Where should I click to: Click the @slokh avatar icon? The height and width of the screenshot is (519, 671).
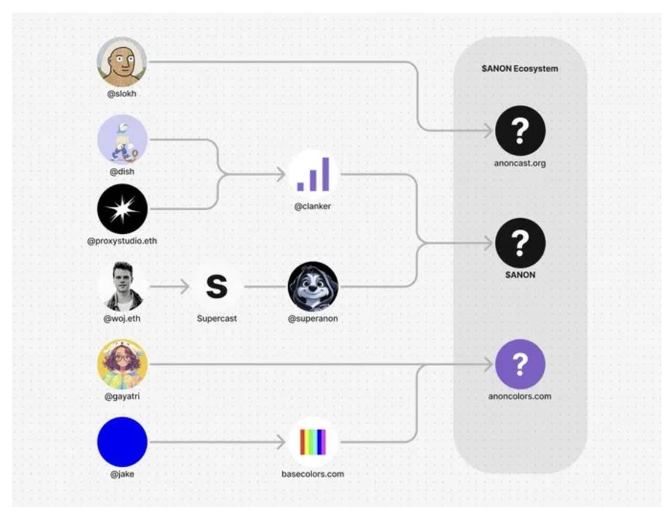tap(122, 62)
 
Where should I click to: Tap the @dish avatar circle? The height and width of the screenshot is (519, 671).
tap(122, 140)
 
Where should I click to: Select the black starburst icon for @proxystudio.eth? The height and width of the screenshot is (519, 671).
tap(122, 209)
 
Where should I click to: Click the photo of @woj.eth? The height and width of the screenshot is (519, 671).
tap(123, 286)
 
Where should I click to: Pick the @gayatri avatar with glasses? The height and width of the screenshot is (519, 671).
tap(122, 364)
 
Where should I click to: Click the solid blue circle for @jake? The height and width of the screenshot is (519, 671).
tap(122, 442)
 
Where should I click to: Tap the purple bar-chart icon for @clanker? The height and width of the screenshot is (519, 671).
tap(313, 174)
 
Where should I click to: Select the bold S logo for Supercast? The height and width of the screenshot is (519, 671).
tap(216, 286)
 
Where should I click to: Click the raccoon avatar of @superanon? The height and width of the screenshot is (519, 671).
tap(313, 286)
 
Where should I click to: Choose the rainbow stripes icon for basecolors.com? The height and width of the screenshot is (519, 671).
tap(313, 442)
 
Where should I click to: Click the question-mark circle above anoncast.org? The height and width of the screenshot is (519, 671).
tap(520, 131)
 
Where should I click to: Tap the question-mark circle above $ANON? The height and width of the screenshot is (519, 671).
tap(520, 243)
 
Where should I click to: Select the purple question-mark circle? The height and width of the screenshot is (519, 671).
tap(520, 364)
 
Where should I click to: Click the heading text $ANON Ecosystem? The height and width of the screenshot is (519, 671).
tap(519, 68)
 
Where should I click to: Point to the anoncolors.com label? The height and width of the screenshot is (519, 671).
tap(519, 396)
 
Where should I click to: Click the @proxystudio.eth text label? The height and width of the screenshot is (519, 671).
tap(122, 241)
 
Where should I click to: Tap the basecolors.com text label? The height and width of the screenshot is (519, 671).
tap(313, 473)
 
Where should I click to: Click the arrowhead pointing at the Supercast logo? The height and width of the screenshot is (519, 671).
tap(185, 286)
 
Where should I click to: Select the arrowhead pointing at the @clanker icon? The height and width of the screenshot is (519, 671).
tap(281, 174)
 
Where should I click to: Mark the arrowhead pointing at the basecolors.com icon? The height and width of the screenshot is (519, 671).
tap(281, 442)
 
